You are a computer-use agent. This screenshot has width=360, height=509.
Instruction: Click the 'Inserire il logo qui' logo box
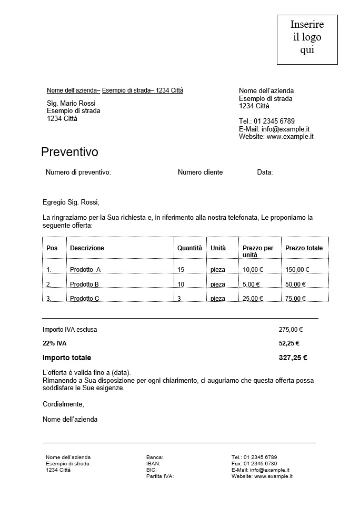(307, 39)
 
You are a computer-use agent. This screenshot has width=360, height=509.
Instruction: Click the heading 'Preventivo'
(69, 152)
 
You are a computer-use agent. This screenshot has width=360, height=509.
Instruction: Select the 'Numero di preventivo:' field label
(78, 172)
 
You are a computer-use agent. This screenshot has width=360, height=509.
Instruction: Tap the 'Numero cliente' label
(200, 172)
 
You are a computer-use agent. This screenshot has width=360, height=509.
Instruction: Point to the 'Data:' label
(265, 172)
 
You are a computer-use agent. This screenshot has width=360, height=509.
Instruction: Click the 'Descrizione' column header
(87, 248)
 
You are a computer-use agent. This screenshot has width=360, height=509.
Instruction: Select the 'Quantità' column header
(189, 248)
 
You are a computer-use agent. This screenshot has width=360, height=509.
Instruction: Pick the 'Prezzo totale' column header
(304, 248)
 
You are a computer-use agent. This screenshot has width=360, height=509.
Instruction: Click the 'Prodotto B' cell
(84, 284)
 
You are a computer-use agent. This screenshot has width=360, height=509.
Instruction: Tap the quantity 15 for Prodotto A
(181, 270)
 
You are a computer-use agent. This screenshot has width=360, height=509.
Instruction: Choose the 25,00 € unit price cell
(253, 299)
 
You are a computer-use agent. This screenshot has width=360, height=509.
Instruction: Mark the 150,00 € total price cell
(297, 270)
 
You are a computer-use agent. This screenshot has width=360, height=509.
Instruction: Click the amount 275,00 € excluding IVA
(291, 330)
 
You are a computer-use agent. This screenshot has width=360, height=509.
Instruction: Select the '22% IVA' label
(54, 343)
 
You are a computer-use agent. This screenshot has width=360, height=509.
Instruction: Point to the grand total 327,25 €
(293, 358)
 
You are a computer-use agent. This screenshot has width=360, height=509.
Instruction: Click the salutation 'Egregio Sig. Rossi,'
(71, 202)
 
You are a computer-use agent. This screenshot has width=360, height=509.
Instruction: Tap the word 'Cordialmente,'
(63, 404)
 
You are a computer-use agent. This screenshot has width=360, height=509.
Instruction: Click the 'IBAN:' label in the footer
(153, 464)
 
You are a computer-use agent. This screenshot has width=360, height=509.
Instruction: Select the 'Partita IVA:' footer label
(160, 476)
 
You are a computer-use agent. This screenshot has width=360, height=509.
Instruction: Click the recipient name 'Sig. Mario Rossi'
(71, 104)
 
